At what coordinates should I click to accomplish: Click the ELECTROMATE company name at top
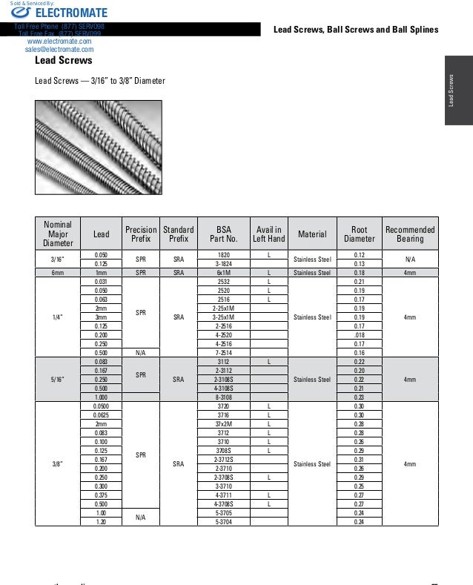pos(71,13)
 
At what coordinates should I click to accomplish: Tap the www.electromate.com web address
pos(59,42)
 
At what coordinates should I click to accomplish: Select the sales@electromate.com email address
pos(59,50)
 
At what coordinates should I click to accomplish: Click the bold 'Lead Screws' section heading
pos(64,60)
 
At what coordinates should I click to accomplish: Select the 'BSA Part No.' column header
pos(224,234)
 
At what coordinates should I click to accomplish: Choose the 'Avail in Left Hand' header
pos(268,234)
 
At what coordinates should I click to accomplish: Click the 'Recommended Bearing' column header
pos(410,234)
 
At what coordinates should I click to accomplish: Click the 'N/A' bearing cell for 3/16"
pos(410,260)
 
